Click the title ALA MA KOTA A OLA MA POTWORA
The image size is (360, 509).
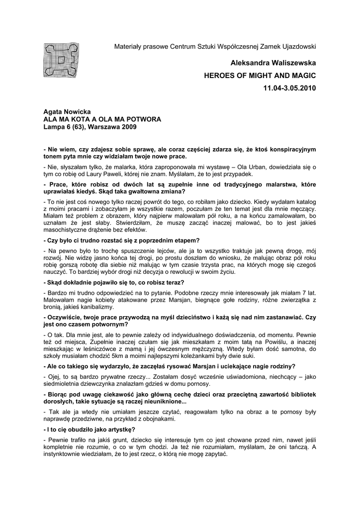pos(102,120)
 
